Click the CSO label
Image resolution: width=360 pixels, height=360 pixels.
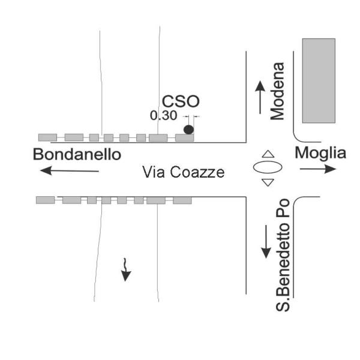181,101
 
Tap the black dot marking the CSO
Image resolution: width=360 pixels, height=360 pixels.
188,129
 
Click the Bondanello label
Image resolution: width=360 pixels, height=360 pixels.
77,154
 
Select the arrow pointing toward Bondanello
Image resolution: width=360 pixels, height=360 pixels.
70,171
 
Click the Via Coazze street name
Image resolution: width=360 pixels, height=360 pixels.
183,172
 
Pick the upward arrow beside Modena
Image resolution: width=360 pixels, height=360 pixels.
260,97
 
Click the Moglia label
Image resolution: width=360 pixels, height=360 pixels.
320,153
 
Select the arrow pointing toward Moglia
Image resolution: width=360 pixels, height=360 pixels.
318,169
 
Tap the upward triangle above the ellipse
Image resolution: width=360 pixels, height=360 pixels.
268,154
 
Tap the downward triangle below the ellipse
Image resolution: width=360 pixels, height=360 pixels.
268,182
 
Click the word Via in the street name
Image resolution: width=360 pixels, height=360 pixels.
152,172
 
